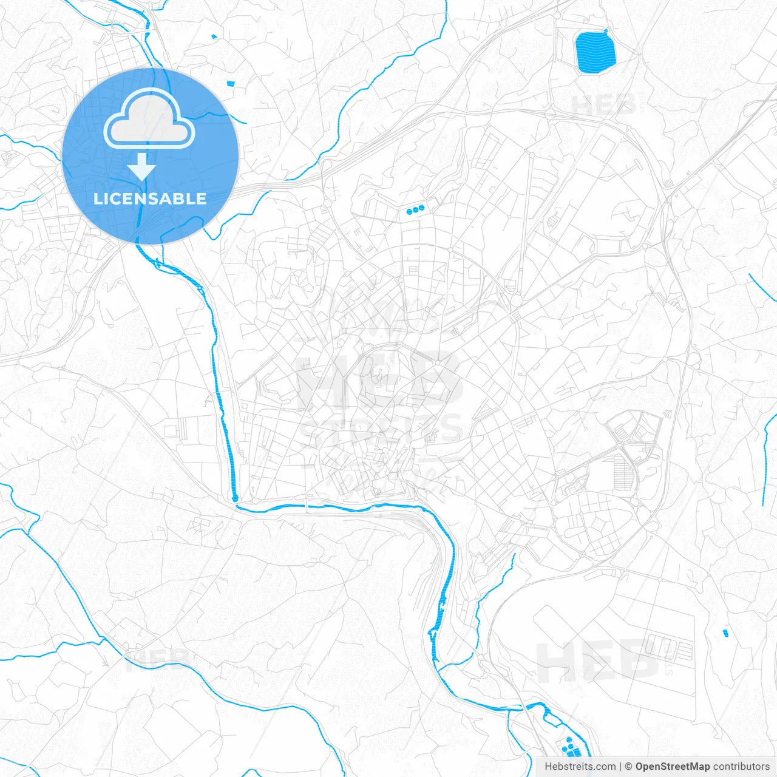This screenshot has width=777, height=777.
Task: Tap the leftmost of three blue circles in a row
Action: (x=409, y=212)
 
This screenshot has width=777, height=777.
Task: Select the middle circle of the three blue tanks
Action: (x=415, y=211)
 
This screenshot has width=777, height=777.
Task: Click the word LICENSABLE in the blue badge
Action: (x=150, y=198)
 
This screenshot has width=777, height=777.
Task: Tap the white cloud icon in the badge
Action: (x=149, y=120)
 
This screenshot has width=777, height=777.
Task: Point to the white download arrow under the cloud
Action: (x=142, y=166)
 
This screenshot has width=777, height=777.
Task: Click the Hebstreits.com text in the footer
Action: (x=580, y=767)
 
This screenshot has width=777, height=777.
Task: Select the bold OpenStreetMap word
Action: (x=672, y=767)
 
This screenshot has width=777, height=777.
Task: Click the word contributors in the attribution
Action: (x=741, y=767)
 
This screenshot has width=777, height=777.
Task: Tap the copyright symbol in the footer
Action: (x=628, y=767)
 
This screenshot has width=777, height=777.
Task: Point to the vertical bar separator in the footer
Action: (x=620, y=767)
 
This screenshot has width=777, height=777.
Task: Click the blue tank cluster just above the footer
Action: (x=570, y=747)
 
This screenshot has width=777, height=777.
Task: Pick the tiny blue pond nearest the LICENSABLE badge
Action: (x=230, y=83)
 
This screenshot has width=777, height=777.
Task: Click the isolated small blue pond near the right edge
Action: (x=725, y=633)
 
